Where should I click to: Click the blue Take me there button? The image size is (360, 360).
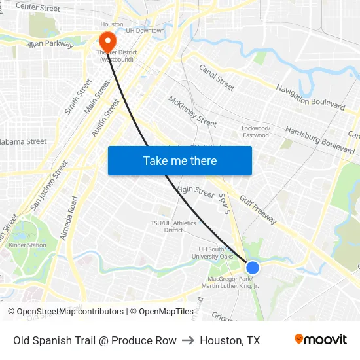click(x=179, y=160)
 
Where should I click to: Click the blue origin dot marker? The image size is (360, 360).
click(x=253, y=267)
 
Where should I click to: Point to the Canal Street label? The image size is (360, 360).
click(x=217, y=77)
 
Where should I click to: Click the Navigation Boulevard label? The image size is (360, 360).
click(x=310, y=96)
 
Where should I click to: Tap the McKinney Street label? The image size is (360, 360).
click(x=192, y=111)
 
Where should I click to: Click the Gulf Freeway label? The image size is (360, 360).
click(x=258, y=209)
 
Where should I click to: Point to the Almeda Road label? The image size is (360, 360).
click(x=69, y=218)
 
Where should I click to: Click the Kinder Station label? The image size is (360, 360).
click(x=27, y=245)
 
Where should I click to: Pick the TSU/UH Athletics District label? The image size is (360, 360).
click(x=173, y=226)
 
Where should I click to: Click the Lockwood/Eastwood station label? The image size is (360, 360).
click(x=255, y=132)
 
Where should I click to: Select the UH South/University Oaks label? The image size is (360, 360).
click(x=216, y=253)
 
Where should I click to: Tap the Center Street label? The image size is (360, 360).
click(x=37, y=8)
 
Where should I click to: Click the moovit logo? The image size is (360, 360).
click(x=320, y=340)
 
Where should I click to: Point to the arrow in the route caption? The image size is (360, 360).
click(x=188, y=340)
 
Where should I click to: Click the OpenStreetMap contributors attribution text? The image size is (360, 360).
click(x=70, y=312)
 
